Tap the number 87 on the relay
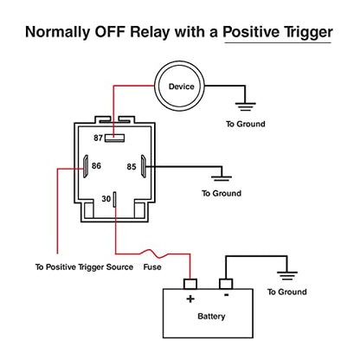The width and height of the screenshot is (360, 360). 98,138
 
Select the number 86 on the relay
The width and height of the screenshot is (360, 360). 96,166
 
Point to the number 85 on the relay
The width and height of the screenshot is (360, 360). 132,167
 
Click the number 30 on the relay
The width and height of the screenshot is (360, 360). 106,199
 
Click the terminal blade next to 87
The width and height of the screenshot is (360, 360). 114,138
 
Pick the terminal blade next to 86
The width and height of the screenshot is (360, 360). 86,166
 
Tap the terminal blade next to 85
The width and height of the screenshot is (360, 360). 143,166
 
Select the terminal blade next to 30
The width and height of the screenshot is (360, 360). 114,200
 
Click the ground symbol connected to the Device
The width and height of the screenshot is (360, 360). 245,106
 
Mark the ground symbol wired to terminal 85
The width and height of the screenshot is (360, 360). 222,178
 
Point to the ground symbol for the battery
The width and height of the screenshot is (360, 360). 287,276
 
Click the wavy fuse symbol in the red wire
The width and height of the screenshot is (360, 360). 154,254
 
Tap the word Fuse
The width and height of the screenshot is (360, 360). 152,267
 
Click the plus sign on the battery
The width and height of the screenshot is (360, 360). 190,299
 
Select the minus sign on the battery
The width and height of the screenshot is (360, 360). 227,295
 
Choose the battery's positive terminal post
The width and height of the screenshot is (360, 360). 190,284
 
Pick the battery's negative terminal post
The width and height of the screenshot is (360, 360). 226,284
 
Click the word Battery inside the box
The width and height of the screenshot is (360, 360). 211,317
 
